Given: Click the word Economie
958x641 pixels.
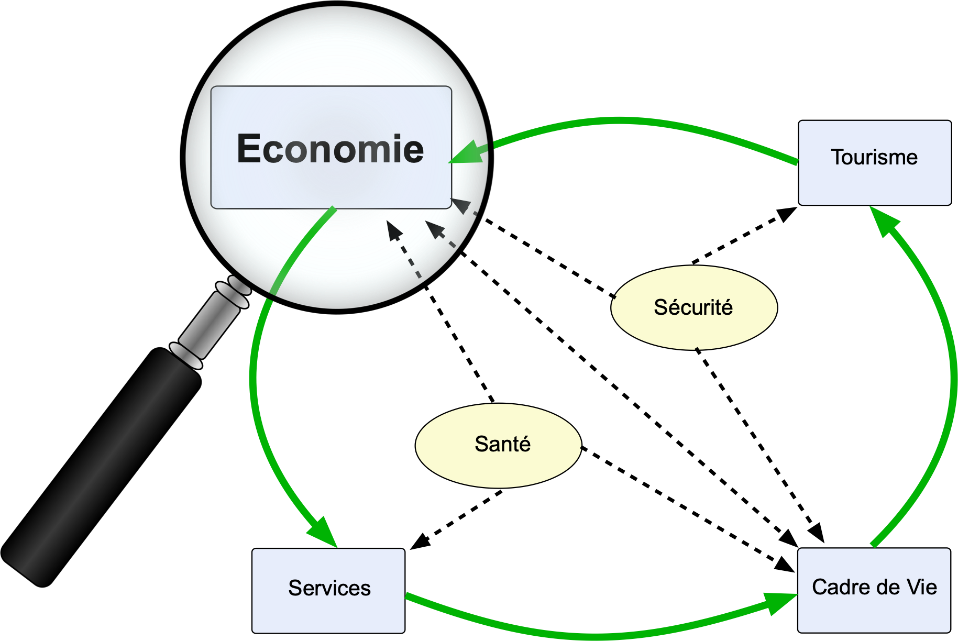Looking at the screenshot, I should (330, 149).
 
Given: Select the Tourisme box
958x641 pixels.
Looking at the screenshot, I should (874, 162).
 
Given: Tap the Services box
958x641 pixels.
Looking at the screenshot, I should (328, 590).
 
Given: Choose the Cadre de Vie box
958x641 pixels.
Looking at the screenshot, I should (874, 590).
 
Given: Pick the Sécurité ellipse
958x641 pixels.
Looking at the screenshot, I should (693, 307).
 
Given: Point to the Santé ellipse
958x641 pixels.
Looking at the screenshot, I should (498, 445).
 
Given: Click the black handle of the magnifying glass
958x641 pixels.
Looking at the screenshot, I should (100, 466).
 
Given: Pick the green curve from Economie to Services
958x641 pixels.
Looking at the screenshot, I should (254, 377).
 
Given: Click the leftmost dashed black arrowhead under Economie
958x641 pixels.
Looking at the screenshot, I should (394, 230).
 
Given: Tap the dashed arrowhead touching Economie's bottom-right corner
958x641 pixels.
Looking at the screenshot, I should (461, 205).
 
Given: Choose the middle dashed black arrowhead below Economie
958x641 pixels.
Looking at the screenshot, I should (434, 229).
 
